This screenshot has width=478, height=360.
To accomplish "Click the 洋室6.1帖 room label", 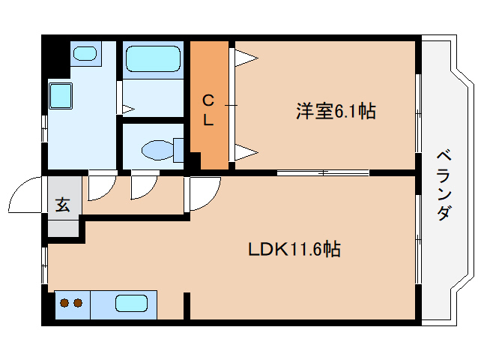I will (x=335, y=112).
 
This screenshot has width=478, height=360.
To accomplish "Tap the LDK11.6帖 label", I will (x=294, y=249).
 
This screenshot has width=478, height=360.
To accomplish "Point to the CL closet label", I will (x=209, y=108).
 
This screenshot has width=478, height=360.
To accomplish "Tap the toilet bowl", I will (x=157, y=150).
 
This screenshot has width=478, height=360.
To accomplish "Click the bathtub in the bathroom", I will (x=152, y=58).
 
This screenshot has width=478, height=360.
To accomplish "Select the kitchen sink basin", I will (x=130, y=304).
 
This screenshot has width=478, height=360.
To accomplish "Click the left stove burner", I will (x=64, y=304).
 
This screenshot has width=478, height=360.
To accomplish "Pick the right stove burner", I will (x=77, y=304).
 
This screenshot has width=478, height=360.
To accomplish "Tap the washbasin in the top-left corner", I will (x=85, y=53).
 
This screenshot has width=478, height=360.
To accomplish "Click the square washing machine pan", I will (x=59, y=95).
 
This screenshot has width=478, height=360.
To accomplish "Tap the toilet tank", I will (x=179, y=148).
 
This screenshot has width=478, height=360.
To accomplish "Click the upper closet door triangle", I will (x=246, y=56).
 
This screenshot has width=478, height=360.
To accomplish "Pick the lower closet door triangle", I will (x=246, y=154).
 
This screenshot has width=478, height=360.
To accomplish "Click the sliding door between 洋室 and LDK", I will (x=322, y=173).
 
